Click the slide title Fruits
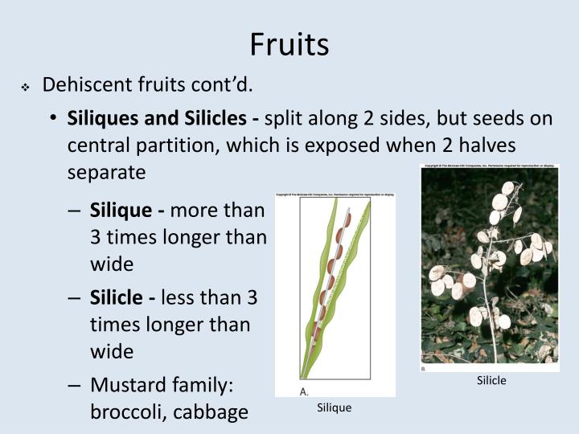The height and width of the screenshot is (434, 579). (289, 44)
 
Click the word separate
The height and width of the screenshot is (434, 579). (106, 172)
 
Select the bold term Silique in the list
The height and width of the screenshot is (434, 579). (121, 211)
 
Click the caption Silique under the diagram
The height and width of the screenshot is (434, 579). (334, 408)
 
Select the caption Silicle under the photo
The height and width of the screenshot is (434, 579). (491, 381)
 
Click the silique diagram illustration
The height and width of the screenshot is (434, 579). (335, 289)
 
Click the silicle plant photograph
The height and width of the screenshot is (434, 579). (490, 268)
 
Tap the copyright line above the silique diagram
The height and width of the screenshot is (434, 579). (335, 194)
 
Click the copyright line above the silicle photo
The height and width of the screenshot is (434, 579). (490, 166)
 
